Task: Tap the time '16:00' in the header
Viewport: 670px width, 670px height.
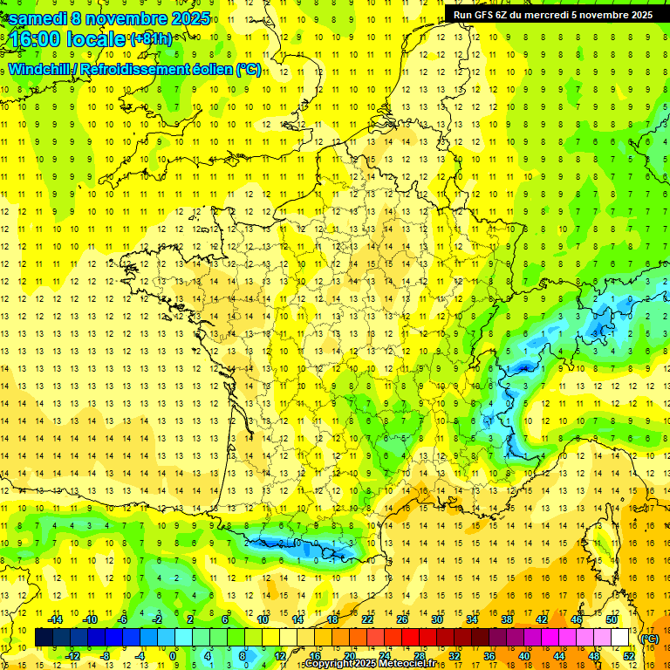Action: [37, 39]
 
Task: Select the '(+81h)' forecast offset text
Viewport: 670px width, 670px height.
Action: [152, 39]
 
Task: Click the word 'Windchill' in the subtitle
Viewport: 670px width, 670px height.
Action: [40, 69]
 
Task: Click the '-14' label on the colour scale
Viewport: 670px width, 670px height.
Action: [56, 619]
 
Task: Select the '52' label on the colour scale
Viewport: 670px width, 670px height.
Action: [628, 655]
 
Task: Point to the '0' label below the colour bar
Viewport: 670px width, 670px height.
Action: [174, 655]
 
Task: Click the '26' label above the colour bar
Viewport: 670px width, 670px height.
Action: [402, 619]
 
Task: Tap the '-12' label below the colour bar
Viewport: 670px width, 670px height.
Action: [72, 655]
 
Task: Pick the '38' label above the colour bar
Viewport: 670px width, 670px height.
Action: [506, 619]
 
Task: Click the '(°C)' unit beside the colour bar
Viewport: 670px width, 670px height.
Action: [650, 639]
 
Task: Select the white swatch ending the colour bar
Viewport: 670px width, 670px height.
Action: [620, 638]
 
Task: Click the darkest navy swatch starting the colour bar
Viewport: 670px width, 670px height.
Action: [44, 638]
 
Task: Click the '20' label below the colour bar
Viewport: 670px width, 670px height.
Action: [349, 655]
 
